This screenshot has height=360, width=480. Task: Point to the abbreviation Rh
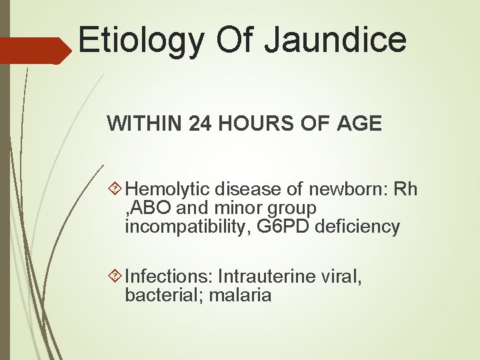click(x=405, y=190)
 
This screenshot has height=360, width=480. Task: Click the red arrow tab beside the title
click(x=33, y=50)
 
